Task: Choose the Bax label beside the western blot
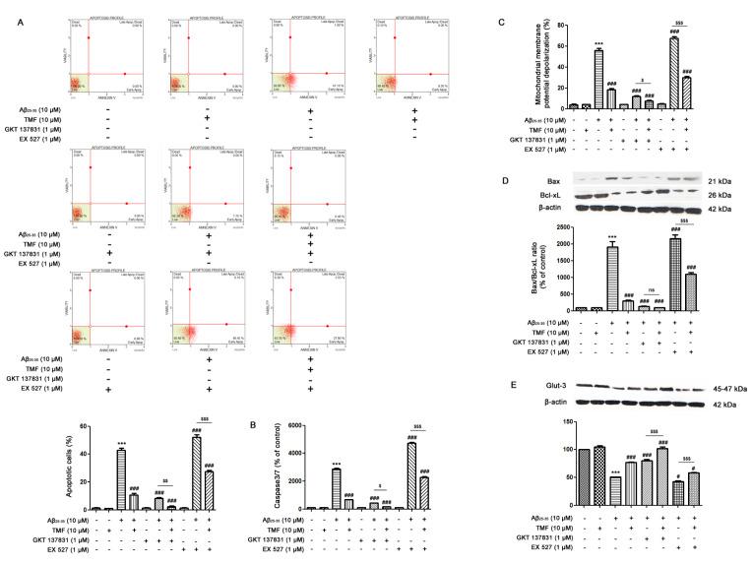[x=557, y=181]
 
